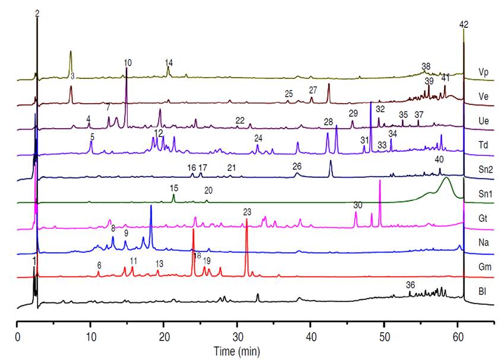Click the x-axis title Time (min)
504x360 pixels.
[x=236, y=351]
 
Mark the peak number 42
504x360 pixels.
[x=464, y=24]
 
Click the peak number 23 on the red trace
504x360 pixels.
[x=247, y=212]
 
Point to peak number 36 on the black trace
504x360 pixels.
[x=410, y=285]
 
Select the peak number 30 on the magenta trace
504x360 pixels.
[x=357, y=205]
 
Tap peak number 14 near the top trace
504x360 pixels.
[x=169, y=63]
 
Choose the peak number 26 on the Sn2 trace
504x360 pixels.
[x=297, y=166]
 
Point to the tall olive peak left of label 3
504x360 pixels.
[x=71, y=59]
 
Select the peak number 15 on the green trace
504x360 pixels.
[x=174, y=188]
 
